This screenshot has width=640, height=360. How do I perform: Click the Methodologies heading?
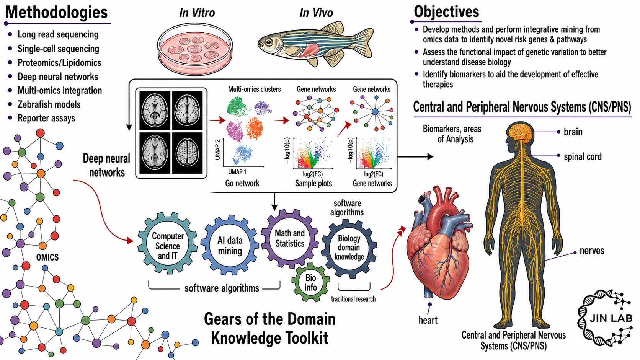coord(56,13)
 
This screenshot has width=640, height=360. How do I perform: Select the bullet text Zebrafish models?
coord(49,104)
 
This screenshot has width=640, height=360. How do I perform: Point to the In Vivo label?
coord(316,13)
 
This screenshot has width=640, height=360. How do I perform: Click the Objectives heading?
coord(446,12)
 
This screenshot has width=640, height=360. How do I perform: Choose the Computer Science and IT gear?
coord(167,243)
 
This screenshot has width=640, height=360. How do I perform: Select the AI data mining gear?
coord(230,245)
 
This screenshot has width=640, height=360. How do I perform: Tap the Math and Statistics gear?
coord(290,238)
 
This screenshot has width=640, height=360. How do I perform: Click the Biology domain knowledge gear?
coord(349,248)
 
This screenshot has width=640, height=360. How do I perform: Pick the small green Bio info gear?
coord(310,282)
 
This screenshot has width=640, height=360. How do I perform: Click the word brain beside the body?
coord(573,132)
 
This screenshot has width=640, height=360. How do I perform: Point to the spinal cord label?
coord(583,156)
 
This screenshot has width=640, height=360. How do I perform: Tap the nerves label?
coord(592,251)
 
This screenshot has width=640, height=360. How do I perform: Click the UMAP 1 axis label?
coord(237,172)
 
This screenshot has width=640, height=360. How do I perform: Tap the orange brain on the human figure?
coord(520,131)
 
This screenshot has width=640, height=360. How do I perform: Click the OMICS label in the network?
coord(47,257)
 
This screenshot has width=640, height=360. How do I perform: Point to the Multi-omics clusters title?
coord(254,89)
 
